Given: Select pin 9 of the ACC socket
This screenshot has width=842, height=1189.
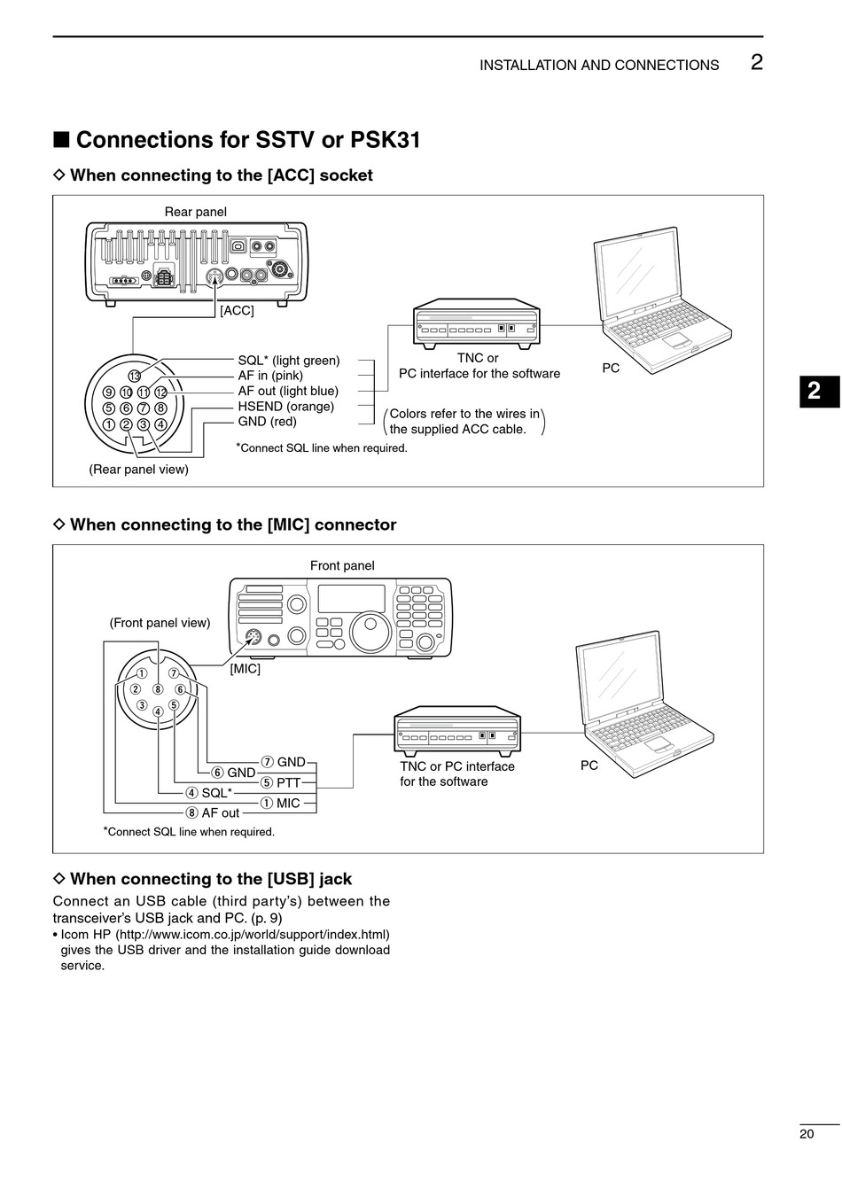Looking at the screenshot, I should coord(109,392).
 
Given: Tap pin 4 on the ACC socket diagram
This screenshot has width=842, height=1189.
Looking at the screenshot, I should coord(160,424).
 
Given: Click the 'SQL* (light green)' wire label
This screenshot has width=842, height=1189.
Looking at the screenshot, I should coord(288,361).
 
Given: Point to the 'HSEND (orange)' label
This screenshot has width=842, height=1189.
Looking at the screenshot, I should coord(285,407).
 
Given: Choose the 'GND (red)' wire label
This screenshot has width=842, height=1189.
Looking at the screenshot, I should coord(267,422).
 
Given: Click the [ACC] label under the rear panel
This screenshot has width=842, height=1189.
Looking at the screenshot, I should coord(237,311).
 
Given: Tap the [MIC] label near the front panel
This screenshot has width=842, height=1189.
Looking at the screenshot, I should coord(245,669).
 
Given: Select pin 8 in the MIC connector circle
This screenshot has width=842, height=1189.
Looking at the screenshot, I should coord(158,689).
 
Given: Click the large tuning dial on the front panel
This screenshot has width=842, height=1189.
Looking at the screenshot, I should coord(370,631).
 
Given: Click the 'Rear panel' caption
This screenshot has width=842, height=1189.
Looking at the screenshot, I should coord(195,212).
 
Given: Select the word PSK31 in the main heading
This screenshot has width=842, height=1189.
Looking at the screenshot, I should coord(385,140).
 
